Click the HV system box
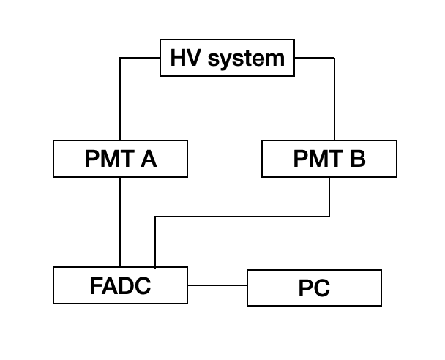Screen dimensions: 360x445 227,59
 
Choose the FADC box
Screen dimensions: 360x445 120,285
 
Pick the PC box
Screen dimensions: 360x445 314,288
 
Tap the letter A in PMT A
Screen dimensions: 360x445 149,160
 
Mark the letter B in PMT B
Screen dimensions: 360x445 357,160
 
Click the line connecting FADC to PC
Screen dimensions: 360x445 217,285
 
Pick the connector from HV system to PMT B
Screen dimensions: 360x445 334,99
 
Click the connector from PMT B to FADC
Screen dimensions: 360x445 242,217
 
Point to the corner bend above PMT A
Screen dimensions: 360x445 120,58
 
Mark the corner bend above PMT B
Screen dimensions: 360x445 334,58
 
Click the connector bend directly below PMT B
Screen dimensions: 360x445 329,217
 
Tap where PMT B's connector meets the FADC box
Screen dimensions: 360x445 155,267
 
